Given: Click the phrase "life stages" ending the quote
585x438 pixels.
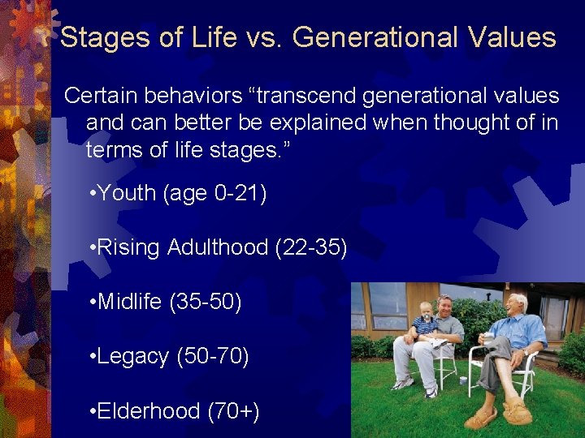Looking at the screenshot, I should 236,151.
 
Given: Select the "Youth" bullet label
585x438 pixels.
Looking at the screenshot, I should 127,193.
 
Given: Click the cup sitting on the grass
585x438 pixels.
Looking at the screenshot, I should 462,380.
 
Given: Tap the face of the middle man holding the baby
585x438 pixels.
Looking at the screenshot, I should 445,308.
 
